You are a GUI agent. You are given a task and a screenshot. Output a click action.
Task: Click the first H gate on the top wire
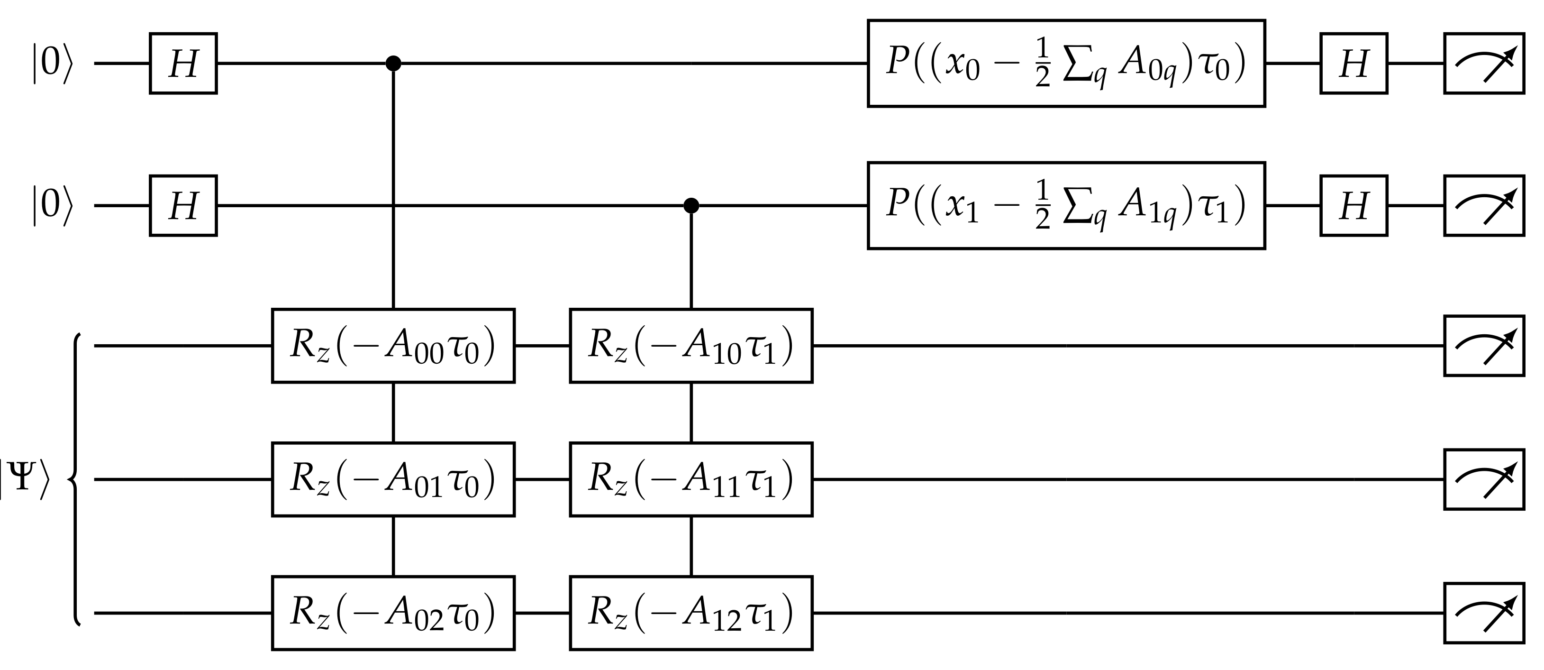pos(183,64)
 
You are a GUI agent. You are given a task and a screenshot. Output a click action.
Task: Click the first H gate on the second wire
pos(183,206)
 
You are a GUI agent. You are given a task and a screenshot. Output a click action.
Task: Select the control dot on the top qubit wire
pos(393,63)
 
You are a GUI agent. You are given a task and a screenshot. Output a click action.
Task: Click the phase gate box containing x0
pos(1066,64)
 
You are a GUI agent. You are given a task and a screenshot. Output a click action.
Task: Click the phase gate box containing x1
pos(1066,206)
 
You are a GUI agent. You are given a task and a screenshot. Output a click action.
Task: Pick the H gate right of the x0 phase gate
pos(1353,64)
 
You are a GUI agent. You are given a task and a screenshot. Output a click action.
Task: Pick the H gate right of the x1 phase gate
pos(1353,206)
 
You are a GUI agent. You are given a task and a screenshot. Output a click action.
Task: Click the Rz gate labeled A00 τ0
pos(393,346)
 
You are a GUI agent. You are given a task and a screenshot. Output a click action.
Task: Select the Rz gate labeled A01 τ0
pos(393,479)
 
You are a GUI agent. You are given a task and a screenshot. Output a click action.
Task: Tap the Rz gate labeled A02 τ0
pos(393,613)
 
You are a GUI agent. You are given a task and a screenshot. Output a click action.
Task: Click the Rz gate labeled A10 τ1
pos(691,346)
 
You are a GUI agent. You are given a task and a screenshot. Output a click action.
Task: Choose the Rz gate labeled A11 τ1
pos(691,479)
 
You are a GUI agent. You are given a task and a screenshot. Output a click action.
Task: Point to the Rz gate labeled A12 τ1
pos(691,613)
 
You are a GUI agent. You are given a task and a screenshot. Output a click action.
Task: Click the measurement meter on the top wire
pos(1483,64)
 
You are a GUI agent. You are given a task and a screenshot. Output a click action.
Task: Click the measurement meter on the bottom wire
pos(1483,613)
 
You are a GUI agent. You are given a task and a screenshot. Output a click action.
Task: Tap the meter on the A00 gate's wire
pos(1483,346)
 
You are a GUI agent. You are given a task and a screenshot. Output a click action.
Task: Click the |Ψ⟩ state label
pos(24,480)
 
